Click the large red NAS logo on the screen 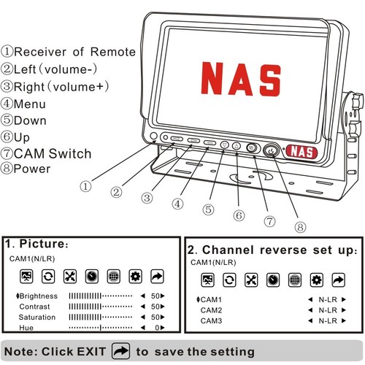240,79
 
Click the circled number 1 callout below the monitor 86,186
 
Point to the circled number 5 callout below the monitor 209,209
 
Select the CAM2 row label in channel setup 211,310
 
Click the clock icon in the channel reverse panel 272,280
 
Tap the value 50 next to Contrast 155,307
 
